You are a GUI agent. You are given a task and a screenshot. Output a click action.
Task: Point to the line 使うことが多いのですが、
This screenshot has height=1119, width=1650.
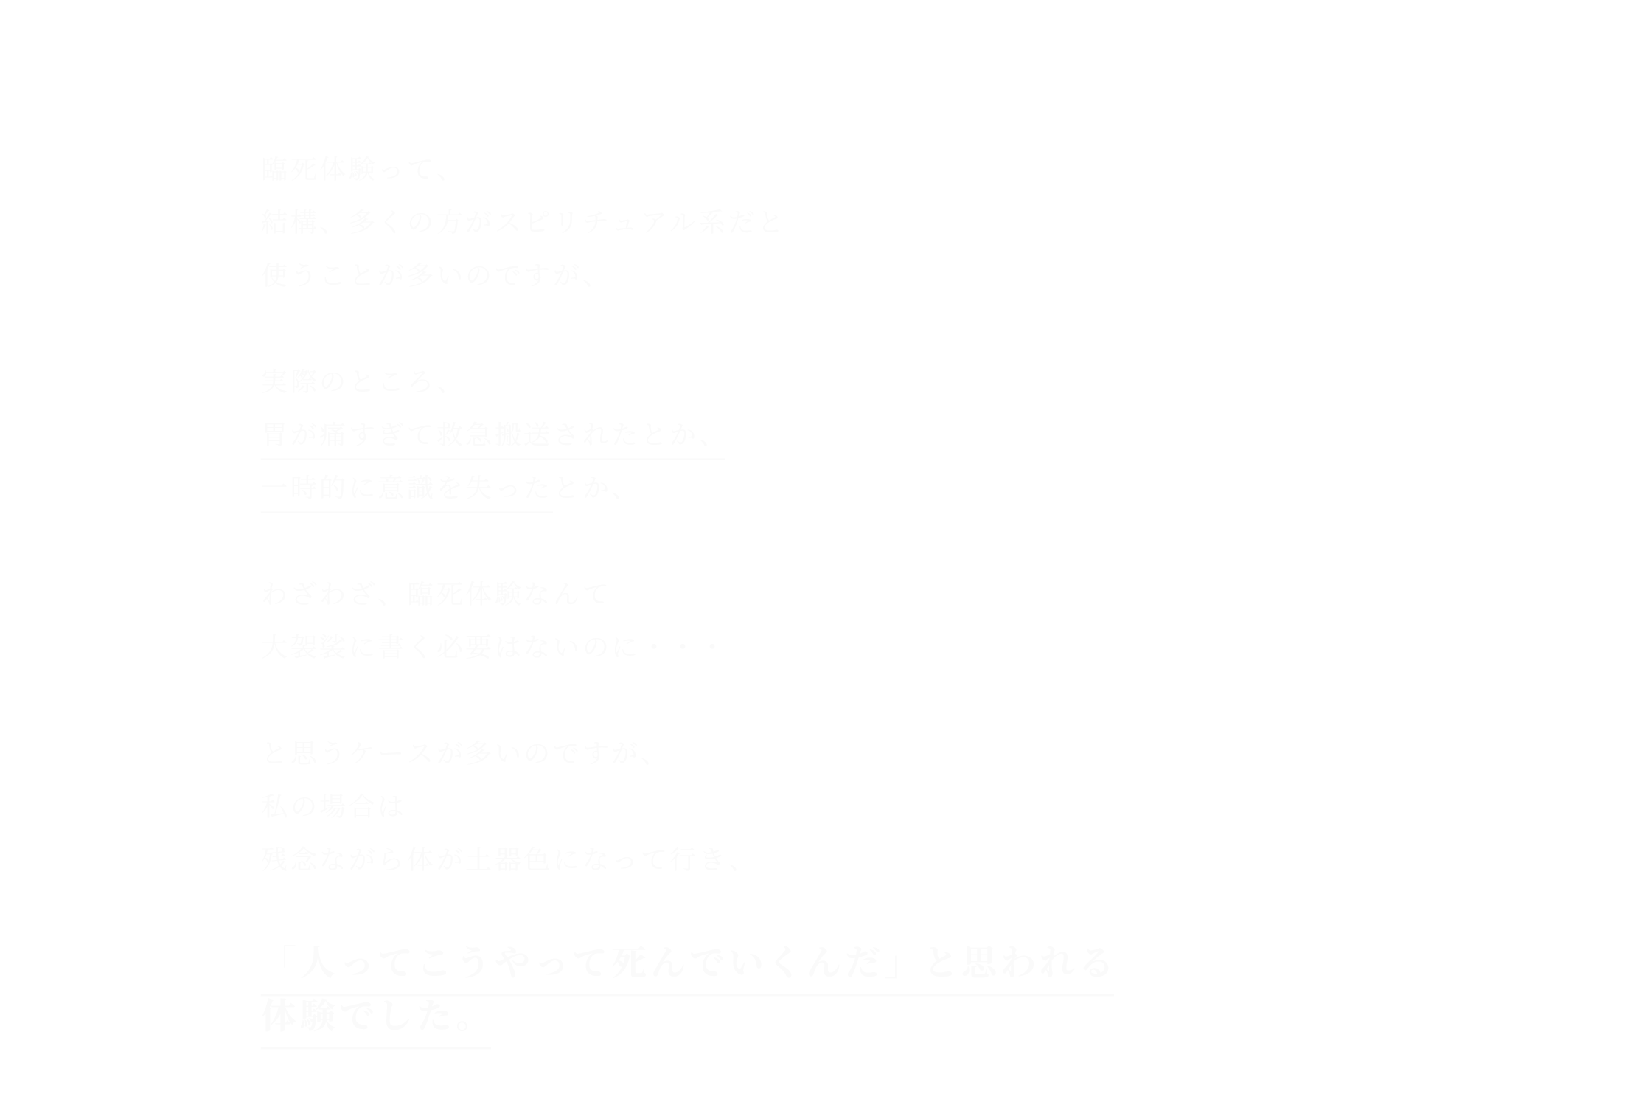pos(428,276)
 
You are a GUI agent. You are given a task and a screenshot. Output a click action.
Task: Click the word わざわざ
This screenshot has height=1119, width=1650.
pos(321,595)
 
